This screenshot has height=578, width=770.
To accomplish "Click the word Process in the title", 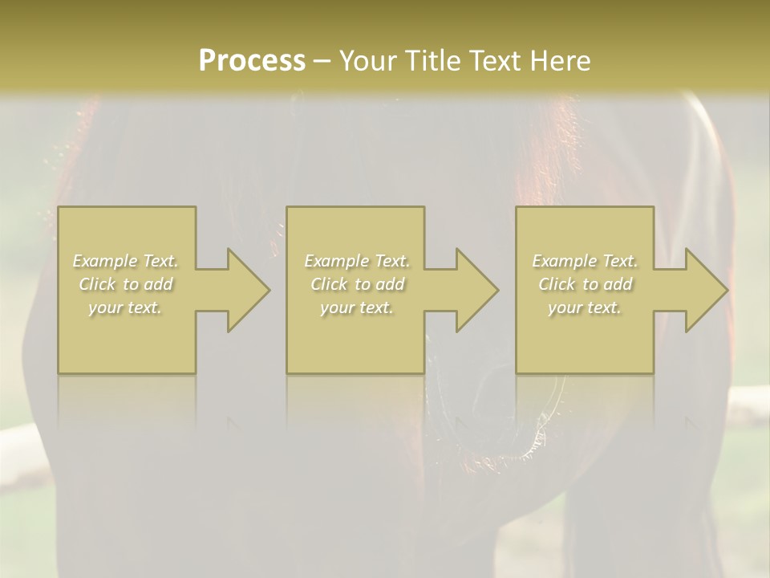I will click(252, 60).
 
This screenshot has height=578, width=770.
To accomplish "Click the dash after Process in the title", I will click(322, 62).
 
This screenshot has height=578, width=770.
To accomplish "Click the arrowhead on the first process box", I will click(245, 290).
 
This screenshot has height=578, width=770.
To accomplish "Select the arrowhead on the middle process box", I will click(473, 290).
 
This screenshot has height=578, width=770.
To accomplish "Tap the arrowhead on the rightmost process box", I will click(703, 290).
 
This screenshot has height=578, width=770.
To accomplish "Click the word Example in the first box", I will click(104, 261).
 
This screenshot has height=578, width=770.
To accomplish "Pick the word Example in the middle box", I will click(335, 261).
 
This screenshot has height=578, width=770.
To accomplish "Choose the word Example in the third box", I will click(564, 261).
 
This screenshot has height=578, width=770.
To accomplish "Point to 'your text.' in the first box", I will click(125, 307).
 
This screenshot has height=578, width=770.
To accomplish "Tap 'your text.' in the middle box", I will click(356, 307).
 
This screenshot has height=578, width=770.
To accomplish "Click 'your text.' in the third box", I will click(585, 307).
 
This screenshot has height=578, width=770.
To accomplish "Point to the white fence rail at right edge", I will click(750, 405).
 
